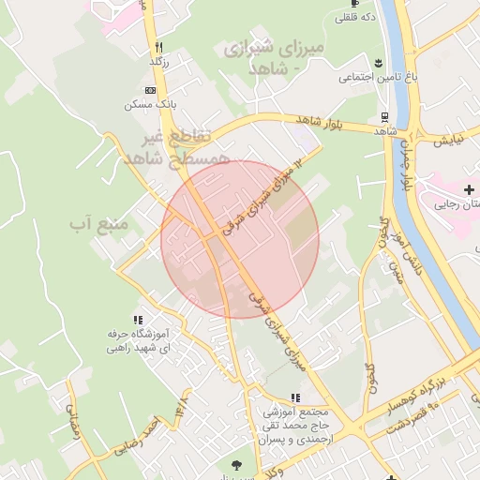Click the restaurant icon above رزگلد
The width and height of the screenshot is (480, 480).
coord(159,47)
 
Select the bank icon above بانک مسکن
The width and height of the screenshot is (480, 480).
coord(150,90)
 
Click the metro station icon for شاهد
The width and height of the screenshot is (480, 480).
coord(385,117)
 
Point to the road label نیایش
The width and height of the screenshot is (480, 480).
coord(449,140)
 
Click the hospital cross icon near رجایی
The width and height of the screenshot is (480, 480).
coord(469,190)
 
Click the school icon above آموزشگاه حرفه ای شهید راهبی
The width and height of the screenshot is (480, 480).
coord(139,320)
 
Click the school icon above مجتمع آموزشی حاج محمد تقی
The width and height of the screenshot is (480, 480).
coord(296,397)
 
